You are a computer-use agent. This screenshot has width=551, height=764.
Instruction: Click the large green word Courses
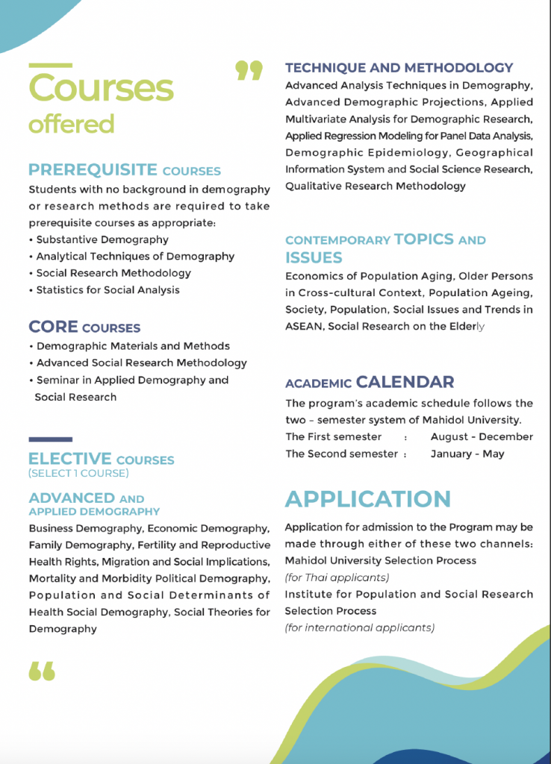(101, 88)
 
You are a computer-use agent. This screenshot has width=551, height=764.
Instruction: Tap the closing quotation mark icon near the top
(249, 71)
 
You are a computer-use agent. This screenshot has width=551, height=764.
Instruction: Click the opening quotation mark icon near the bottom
(42, 671)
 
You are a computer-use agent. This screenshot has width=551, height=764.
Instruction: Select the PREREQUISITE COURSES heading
(125, 170)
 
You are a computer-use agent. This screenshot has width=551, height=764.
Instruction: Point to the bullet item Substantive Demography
(102, 239)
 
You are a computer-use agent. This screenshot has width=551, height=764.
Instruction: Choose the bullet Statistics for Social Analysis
(108, 289)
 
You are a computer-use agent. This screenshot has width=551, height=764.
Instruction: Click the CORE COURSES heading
(84, 327)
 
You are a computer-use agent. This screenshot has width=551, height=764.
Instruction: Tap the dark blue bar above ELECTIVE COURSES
(50, 439)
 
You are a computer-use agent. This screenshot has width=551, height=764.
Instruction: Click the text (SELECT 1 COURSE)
(78, 473)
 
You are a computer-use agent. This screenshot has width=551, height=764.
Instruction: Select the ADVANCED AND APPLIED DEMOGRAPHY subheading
(94, 504)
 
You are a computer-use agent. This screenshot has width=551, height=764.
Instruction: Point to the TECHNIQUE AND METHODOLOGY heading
(399, 68)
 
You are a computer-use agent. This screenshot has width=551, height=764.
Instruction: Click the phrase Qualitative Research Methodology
(375, 186)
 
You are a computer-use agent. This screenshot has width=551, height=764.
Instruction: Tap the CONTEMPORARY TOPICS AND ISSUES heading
(385, 248)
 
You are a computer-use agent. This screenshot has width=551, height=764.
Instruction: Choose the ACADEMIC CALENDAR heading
(370, 383)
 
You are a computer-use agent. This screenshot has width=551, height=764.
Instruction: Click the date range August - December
(482, 436)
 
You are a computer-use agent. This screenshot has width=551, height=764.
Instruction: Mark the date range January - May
(467, 454)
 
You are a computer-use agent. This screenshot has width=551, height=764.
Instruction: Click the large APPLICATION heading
(367, 499)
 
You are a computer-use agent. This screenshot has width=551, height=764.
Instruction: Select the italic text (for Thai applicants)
(337, 577)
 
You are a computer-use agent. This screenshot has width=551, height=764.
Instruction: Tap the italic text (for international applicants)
(359, 627)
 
